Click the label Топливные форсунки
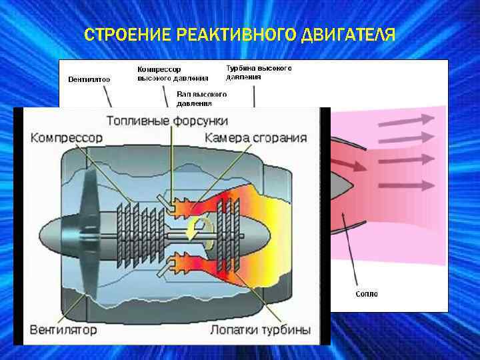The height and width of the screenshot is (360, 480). pyautogui.click(x=167, y=121)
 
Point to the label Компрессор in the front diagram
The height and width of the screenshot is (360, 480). pyautogui.click(x=67, y=138)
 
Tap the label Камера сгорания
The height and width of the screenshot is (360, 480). pyautogui.click(x=256, y=138)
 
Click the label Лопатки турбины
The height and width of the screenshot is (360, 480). pyautogui.click(x=260, y=330)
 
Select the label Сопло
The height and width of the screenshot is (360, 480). pyautogui.click(x=366, y=294)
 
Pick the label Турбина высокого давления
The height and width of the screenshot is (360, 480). pyautogui.click(x=259, y=72)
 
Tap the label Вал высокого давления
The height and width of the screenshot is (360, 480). pyautogui.click(x=202, y=99)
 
